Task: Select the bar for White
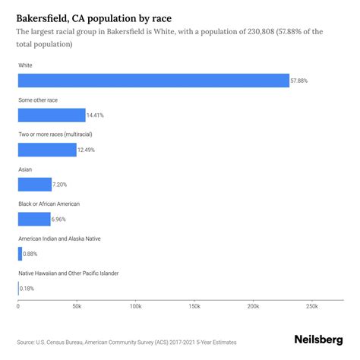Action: click(x=153, y=81)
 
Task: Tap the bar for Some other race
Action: click(x=52, y=115)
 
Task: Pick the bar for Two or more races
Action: click(x=47, y=150)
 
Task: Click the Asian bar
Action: click(x=35, y=185)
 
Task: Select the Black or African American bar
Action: click(x=34, y=219)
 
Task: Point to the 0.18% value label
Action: click(x=27, y=289)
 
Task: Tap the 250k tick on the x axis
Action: click(x=311, y=306)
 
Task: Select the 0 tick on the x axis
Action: click(x=18, y=306)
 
